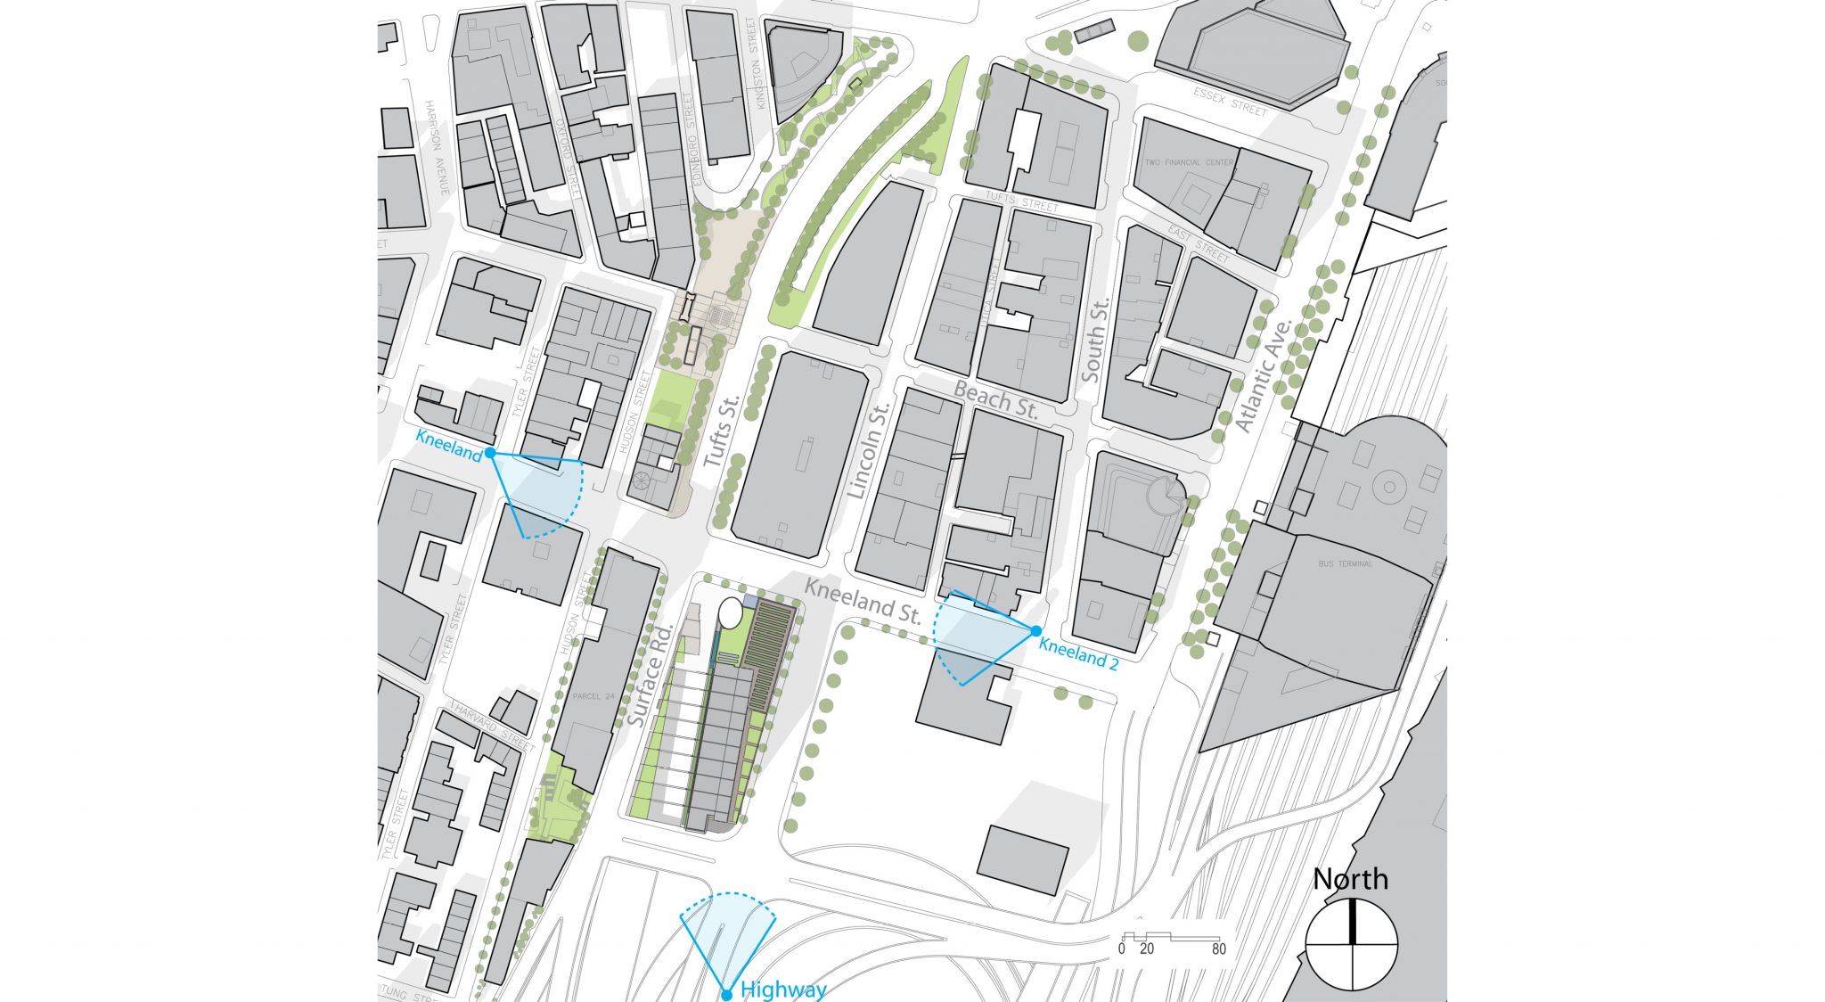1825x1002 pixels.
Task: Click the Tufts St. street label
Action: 722,432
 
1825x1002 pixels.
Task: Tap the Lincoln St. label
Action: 869,451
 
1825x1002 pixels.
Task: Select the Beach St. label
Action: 996,400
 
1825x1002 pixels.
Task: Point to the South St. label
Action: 1095,340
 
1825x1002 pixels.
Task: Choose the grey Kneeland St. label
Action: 863,600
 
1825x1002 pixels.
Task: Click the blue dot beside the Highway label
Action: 726,995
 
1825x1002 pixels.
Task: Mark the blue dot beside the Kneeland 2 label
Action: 1036,631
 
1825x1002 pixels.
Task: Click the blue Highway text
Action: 783,990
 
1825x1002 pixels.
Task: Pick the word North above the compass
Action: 1350,880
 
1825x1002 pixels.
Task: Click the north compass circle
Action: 1352,945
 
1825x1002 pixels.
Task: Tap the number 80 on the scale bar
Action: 1218,949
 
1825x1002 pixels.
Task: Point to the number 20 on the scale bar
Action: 1147,949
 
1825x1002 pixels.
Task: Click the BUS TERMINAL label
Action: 1346,563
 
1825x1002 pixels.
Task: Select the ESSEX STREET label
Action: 1230,102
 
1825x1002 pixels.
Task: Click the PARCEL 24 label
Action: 593,696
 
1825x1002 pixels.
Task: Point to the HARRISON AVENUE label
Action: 437,148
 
